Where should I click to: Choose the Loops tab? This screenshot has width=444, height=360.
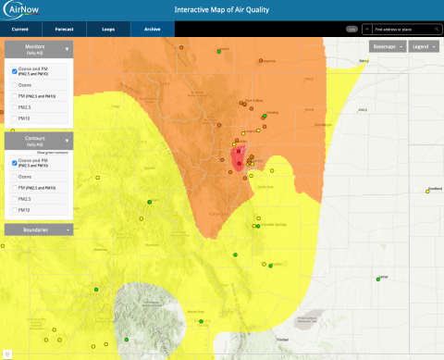pyautogui.click(x=108, y=30)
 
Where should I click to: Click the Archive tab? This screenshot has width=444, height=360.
pyautogui.click(x=152, y=30)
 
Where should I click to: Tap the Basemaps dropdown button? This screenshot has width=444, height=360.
pyautogui.click(x=386, y=45)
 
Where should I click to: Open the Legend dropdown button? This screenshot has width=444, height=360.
pyautogui.click(x=423, y=45)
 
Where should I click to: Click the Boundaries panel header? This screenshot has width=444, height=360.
pyautogui.click(x=39, y=229)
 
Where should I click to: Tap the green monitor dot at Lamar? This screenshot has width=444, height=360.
pyautogui.click(x=378, y=279)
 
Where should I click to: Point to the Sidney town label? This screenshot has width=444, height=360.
pyautogui.click(x=364, y=61)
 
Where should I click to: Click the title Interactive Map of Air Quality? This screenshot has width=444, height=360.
pyautogui.click(x=221, y=10)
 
